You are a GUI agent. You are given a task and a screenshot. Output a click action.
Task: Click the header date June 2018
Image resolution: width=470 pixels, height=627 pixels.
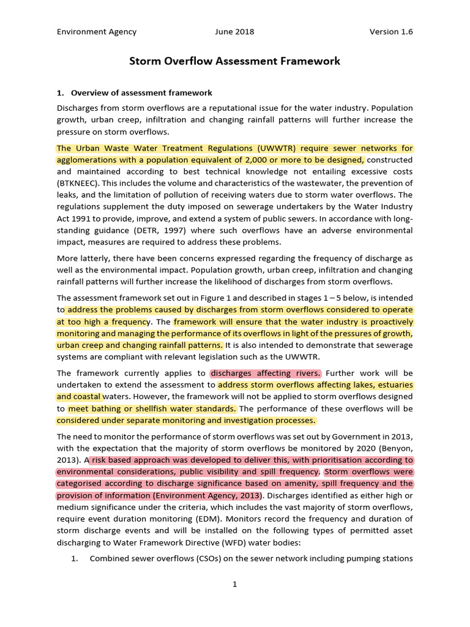(234, 32)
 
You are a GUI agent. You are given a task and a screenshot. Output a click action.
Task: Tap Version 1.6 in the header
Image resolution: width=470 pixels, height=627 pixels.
(391, 32)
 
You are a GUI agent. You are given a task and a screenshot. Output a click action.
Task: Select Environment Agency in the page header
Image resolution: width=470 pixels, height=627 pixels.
(97, 32)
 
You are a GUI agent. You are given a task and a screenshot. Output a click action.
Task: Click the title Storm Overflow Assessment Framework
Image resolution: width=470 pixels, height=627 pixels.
(234, 61)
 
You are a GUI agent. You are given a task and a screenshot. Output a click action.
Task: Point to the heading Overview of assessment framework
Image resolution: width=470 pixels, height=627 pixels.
(141, 93)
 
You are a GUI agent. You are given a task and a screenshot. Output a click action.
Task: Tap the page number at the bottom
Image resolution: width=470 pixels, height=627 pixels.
(234, 585)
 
